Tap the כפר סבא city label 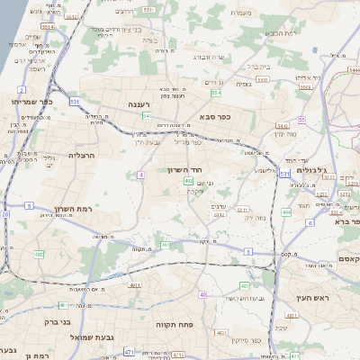pyautogui.click(x=212, y=115)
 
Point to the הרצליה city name pyautogui.click(x=82, y=155)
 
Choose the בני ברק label pyautogui.click(x=55, y=320)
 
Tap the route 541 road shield pyautogui.click(x=146, y=115)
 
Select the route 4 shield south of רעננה pyautogui.click(x=141, y=175)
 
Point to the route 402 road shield pyautogui.click(x=188, y=183)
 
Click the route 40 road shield pyautogui.click(x=203, y=294)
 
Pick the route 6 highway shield pyautogui.click(x=284, y=221)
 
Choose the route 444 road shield pyautogui.click(x=286, y=211)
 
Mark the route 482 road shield pyautogui.click(x=39, y=255)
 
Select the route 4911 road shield pyautogui.click(x=135, y=284)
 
